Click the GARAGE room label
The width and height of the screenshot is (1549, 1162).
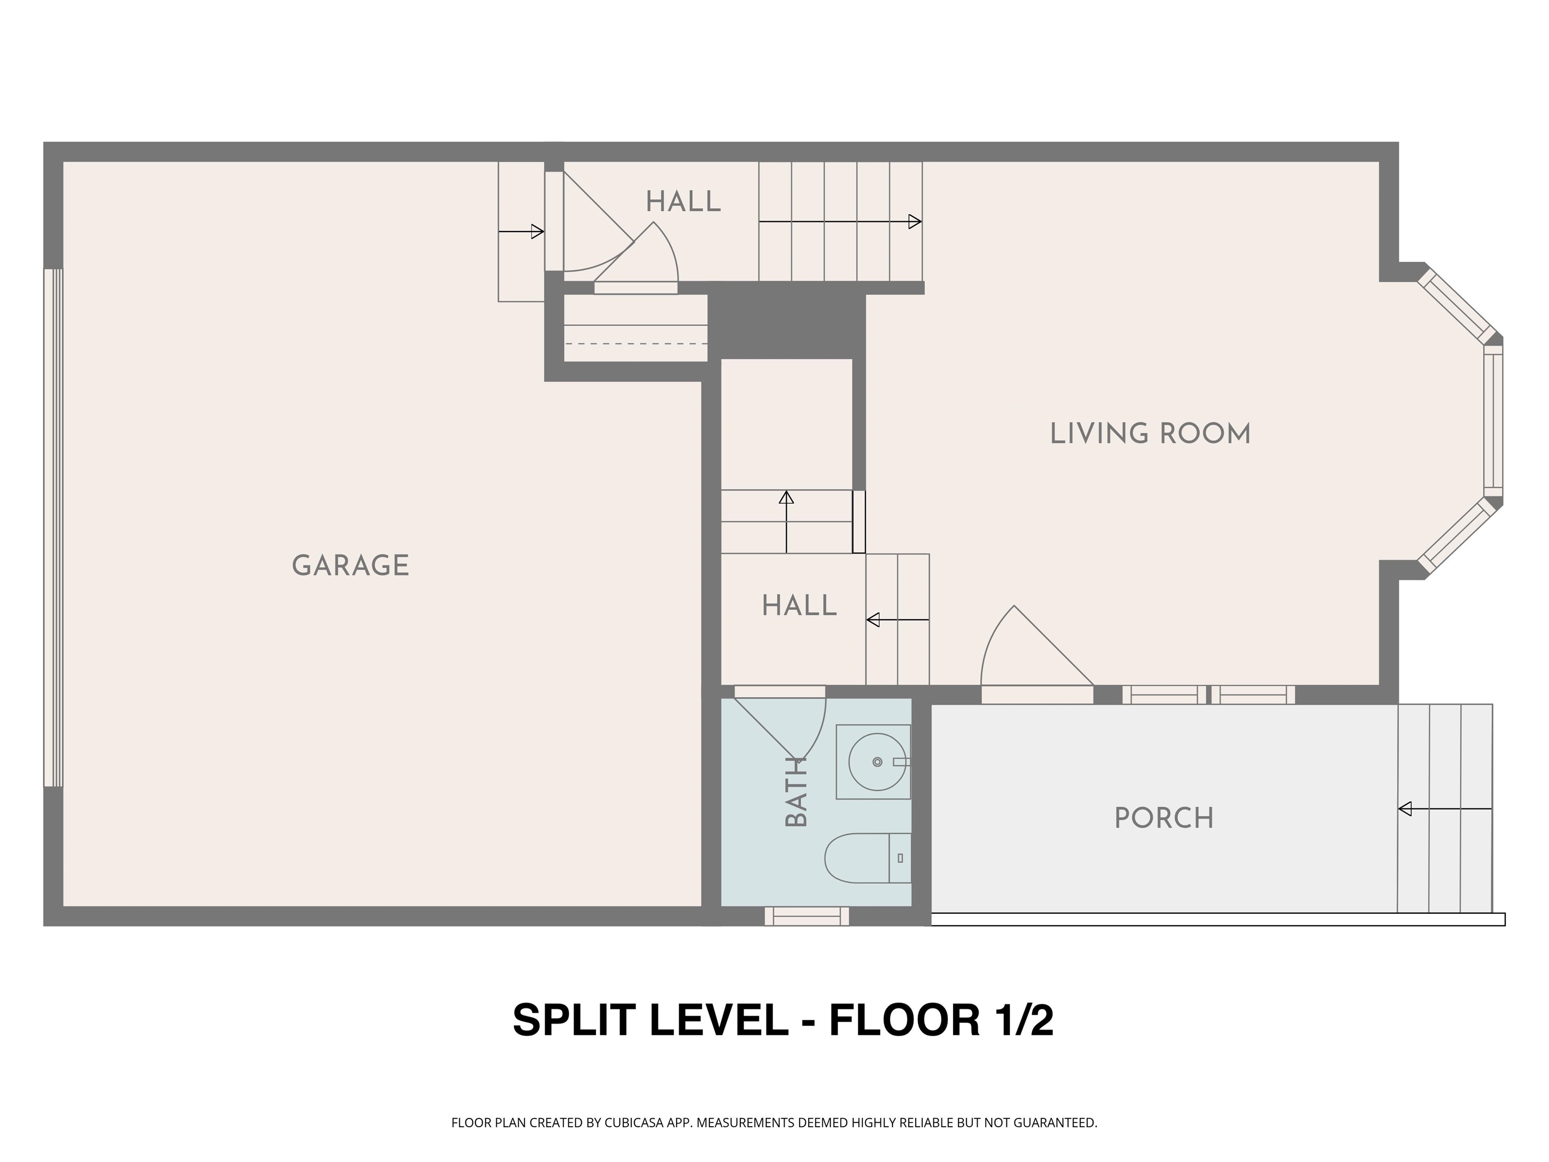pos(350,565)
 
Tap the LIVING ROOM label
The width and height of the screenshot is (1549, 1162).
pos(1150,434)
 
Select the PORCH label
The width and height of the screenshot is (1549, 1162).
pos(1164,818)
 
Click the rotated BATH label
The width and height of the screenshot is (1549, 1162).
pos(796,791)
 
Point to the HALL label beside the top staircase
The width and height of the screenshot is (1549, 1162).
pos(683,202)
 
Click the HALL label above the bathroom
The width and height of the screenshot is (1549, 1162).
pos(799,605)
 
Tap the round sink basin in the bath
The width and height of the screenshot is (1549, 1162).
pos(877,762)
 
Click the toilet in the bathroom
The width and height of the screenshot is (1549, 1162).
pos(866,858)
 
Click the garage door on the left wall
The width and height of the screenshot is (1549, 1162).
pos(53,528)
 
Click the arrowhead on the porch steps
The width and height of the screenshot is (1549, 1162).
pos(1405,809)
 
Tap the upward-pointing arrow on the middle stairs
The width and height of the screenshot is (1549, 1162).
pos(787,498)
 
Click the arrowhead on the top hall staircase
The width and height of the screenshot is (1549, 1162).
pos(915,222)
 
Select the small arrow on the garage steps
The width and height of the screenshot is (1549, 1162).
pos(537,231)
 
